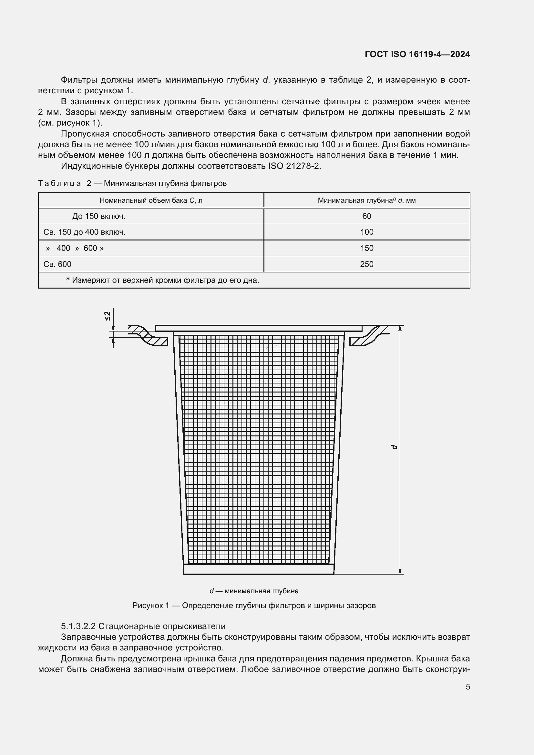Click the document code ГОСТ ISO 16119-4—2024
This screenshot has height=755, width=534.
pyautogui.click(x=417, y=54)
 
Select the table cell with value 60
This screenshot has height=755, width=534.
pyautogui.click(x=366, y=216)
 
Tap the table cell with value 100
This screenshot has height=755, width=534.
pyautogui.click(x=366, y=232)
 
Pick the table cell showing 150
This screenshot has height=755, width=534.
pyautogui.click(x=366, y=248)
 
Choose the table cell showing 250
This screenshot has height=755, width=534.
pyautogui.click(x=366, y=264)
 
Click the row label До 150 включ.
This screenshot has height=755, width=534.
pyautogui.click(x=99, y=216)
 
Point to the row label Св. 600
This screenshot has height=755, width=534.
pyautogui.click(x=57, y=264)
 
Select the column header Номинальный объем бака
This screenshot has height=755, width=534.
pyautogui.click(x=150, y=200)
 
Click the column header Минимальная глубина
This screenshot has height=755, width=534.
pyautogui.click(x=366, y=200)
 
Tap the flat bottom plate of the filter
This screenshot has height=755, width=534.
pyautogui.click(x=259, y=569)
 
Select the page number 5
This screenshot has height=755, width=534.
pyautogui.click(x=467, y=687)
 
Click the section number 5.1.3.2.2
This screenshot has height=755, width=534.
pyautogui.click(x=78, y=626)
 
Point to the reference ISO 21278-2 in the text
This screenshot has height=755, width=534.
pyautogui.click(x=294, y=166)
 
